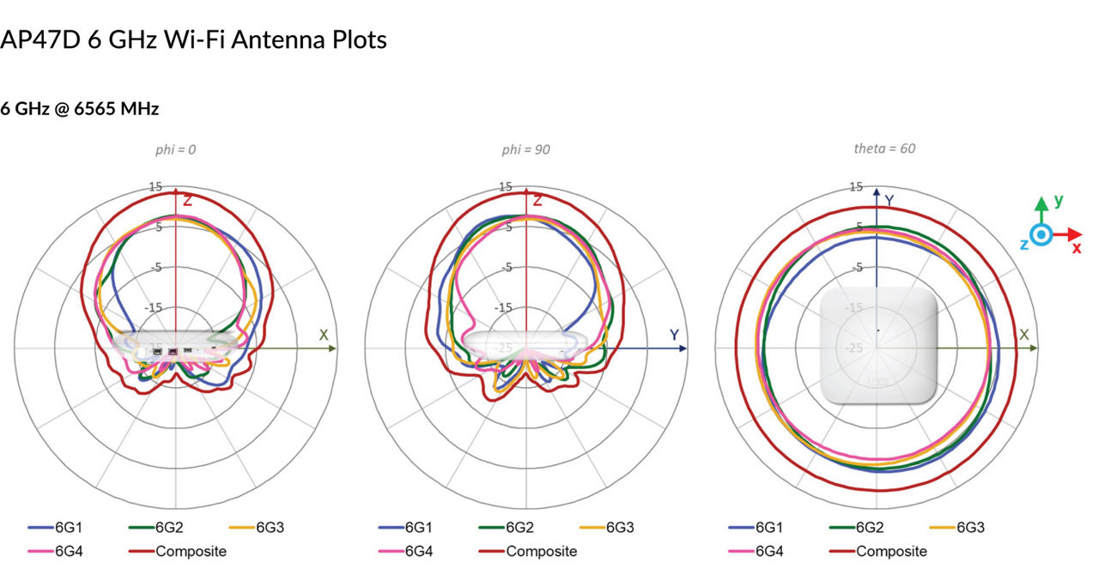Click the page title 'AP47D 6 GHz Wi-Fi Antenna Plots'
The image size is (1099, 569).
click(x=193, y=39)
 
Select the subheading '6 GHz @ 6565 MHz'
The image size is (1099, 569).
click(x=80, y=109)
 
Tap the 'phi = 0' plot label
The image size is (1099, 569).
click(x=175, y=149)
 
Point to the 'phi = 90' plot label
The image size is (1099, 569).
click(x=526, y=149)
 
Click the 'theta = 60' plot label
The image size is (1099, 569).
click(x=884, y=148)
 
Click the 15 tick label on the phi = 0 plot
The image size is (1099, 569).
click(x=155, y=187)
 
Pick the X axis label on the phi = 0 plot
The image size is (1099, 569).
click(x=324, y=335)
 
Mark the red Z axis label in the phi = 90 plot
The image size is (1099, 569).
click(x=537, y=201)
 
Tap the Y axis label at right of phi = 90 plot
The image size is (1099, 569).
click(x=674, y=335)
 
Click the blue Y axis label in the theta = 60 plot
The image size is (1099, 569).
click(x=890, y=201)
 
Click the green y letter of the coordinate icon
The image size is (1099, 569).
click(x=1059, y=201)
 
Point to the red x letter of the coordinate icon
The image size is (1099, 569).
click(x=1077, y=248)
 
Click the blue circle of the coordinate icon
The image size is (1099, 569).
click(x=1041, y=234)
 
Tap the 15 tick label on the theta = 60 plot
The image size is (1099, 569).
click(x=856, y=187)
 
